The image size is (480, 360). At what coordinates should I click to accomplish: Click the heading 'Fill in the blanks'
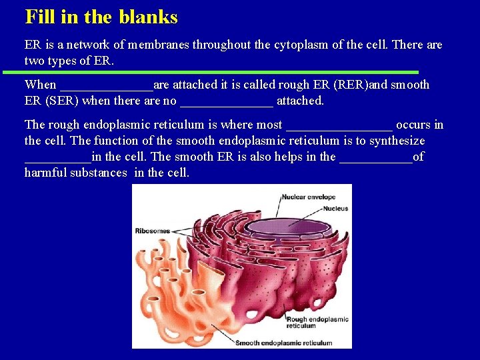[101, 17]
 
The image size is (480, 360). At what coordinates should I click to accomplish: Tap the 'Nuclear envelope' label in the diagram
[307, 197]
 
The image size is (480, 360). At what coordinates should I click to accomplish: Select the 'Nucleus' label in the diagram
[336, 209]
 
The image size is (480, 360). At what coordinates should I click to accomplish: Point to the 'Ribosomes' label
[152, 231]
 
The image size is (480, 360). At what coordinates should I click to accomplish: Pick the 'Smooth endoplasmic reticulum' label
[284, 343]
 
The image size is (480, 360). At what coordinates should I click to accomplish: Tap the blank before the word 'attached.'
[227, 101]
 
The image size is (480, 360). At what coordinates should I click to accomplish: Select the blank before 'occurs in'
[339, 125]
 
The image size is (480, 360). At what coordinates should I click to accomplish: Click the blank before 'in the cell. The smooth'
[57, 157]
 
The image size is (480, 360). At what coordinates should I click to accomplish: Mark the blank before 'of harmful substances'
[376, 157]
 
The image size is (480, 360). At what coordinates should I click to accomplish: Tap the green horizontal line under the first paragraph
[211, 71]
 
